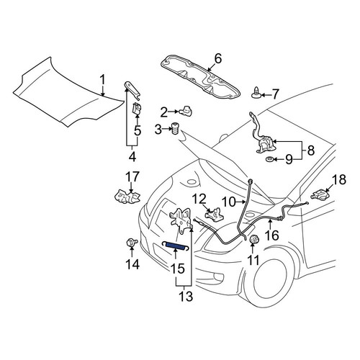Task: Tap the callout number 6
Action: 218,59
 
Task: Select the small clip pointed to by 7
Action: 256,93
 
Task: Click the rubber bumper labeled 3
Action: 176,129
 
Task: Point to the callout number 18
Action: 339,179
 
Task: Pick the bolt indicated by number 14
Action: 132,243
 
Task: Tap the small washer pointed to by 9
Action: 269,159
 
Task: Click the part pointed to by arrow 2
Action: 186,111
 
